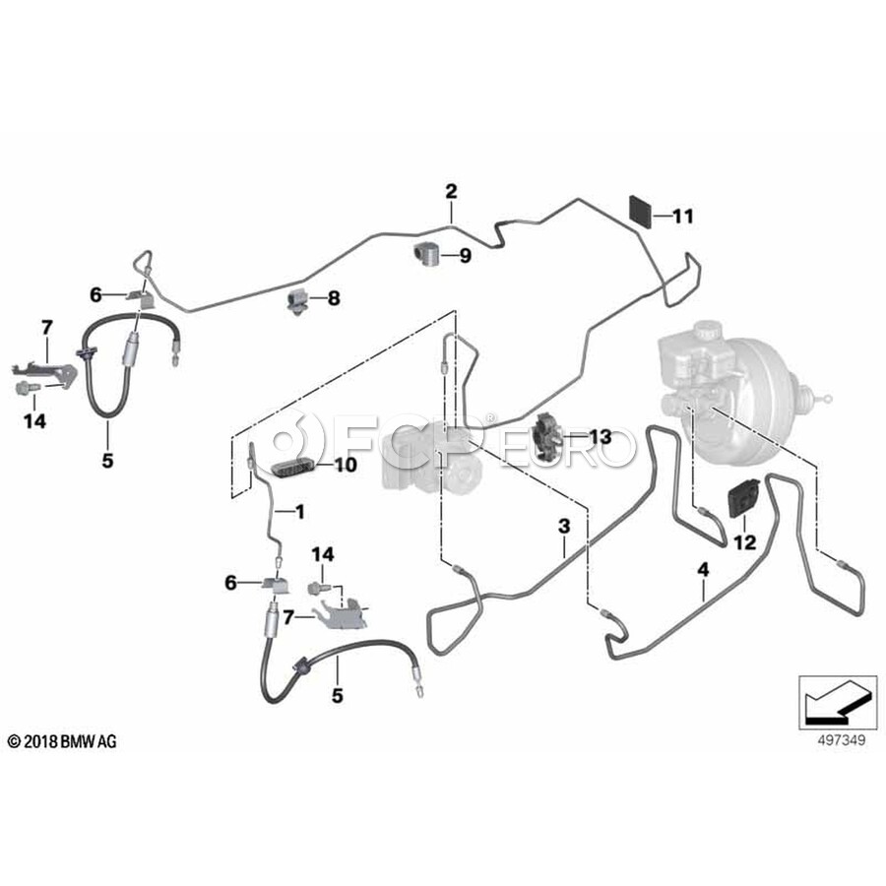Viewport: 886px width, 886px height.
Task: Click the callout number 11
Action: point(682,216)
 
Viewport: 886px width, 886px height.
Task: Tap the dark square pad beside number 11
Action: point(641,211)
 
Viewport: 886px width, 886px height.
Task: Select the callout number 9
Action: point(465,256)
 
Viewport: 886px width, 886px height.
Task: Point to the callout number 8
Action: point(333,297)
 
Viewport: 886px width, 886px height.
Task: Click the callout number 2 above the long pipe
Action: point(451,190)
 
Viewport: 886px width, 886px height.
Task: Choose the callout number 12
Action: point(743,540)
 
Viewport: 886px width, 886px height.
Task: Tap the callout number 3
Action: point(564,528)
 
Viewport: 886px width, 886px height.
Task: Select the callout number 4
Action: point(703,569)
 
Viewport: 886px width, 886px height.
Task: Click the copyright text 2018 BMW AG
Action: point(61,741)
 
